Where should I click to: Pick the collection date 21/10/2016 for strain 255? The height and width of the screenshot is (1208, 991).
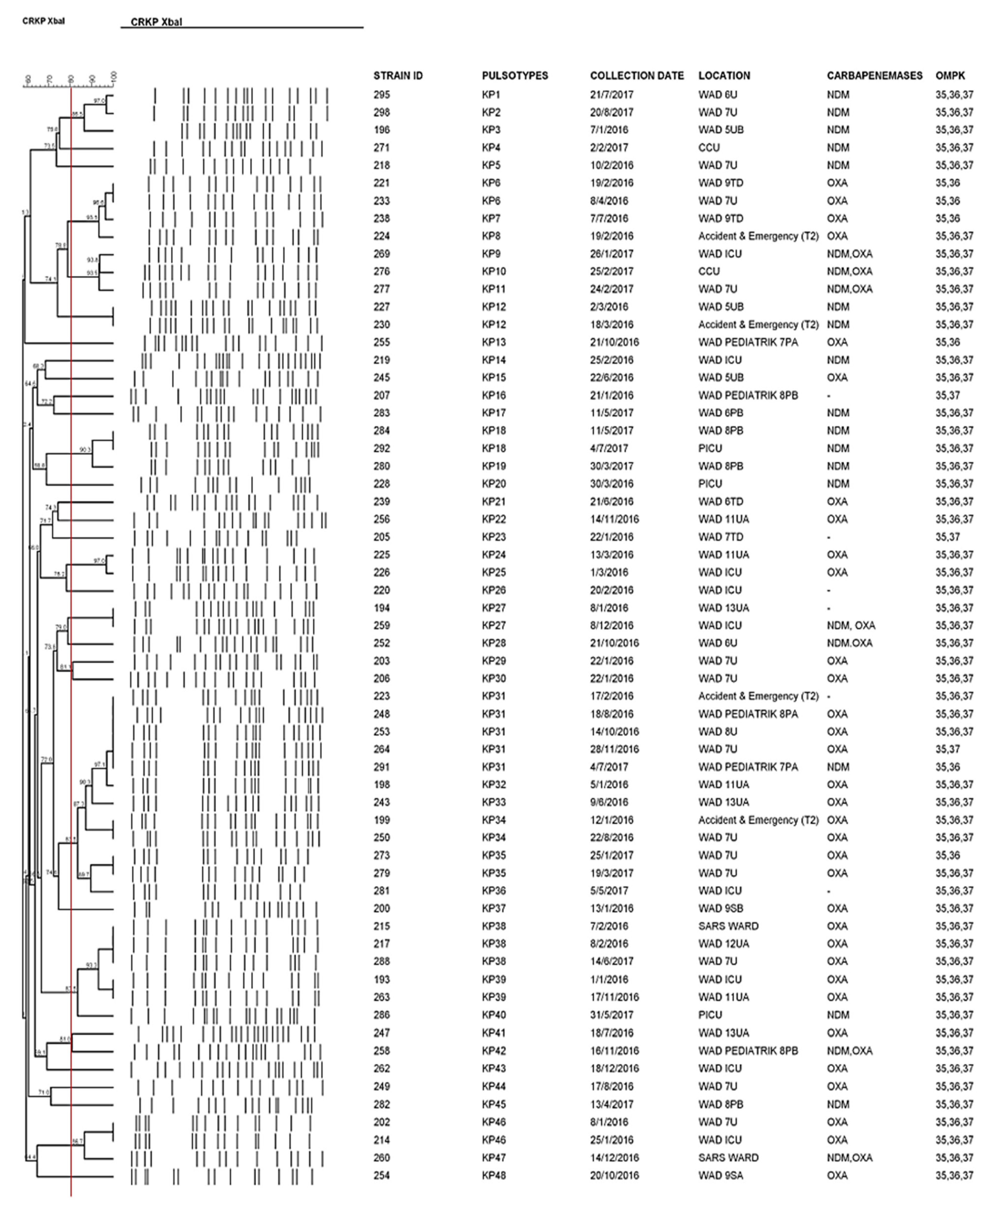pos(614,342)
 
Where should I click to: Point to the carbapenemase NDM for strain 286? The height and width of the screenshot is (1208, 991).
pos(837,1015)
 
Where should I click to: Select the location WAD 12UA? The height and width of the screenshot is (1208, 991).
pos(723,943)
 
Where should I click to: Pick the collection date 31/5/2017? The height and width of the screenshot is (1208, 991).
pos(611,1015)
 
